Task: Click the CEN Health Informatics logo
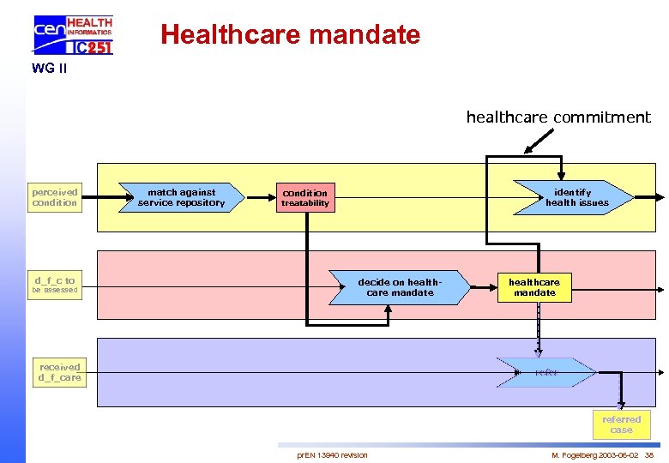coord(73,35)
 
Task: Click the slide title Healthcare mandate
coord(290,35)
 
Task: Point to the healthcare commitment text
coord(557,117)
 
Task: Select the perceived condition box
coord(55,197)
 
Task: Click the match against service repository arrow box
coord(182,198)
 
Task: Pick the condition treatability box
coord(304,198)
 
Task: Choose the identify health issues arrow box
coord(574,198)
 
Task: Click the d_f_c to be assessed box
coord(55,285)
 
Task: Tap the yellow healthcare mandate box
coord(534,287)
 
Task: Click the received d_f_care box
coord(59,372)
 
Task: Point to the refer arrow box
coord(546,372)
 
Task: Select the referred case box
coord(621,424)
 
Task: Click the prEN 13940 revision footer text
coord(332,454)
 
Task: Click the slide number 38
coord(649,454)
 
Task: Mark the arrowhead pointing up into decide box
coord(388,311)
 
